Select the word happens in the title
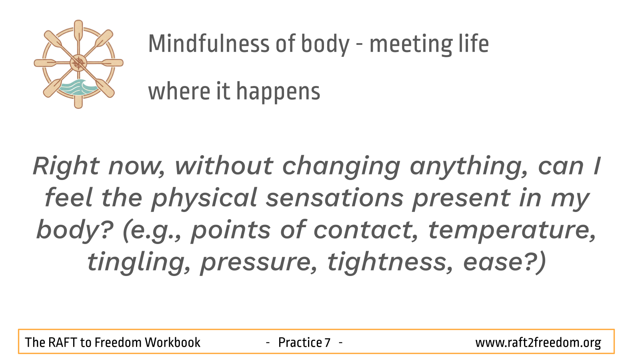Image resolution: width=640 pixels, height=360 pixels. tap(278, 92)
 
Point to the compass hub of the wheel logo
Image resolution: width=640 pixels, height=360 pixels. tap(78, 63)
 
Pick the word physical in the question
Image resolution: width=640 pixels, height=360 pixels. tap(204, 199)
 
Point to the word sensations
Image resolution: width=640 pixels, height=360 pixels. tap(334, 198)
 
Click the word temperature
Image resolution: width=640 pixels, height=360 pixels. tap(512, 231)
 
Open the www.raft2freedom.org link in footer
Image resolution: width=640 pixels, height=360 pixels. tap(538, 343)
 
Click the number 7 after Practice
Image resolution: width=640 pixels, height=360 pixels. tap(328, 342)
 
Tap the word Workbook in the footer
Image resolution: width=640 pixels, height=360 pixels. tap(172, 342)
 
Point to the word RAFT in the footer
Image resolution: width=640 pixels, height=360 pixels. tap(63, 342)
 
